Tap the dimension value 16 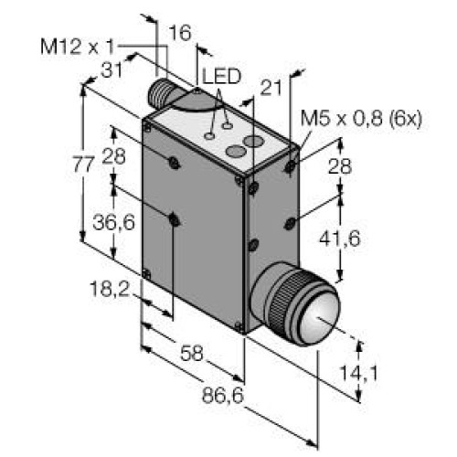pyautogui.click(x=181, y=34)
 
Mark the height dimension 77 pyautogui.click(x=83, y=165)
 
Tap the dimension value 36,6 pyautogui.click(x=114, y=220)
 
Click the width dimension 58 pyautogui.click(x=191, y=351)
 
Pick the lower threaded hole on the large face pyautogui.click(x=174, y=218)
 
